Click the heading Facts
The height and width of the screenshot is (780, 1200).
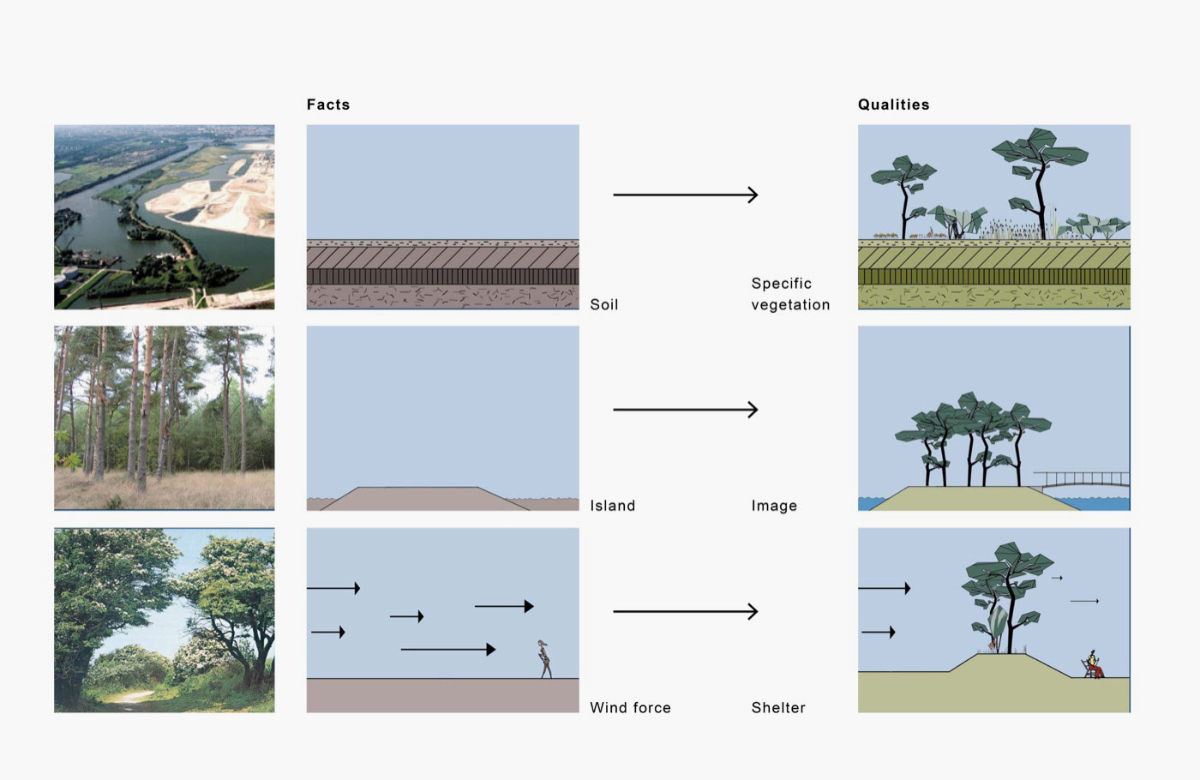click(328, 105)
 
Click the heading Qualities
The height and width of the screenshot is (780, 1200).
click(893, 105)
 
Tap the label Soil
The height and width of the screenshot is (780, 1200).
click(603, 304)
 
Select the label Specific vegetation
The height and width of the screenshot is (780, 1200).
click(789, 294)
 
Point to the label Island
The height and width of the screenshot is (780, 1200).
click(612, 506)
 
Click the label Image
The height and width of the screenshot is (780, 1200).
click(774, 506)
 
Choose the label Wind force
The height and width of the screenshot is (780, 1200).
click(630, 708)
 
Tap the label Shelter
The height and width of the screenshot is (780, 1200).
click(778, 708)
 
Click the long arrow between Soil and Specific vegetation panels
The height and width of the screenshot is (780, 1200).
click(685, 195)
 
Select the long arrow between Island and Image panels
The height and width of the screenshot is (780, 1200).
click(685, 410)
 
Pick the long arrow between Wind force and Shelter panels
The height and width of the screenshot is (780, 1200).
click(685, 612)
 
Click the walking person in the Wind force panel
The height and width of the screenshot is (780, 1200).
click(544, 659)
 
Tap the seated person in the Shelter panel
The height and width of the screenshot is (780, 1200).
click(1094, 665)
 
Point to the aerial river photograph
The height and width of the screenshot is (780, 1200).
click(165, 217)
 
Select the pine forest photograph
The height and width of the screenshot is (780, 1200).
click(165, 418)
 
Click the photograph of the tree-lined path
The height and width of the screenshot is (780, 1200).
click(165, 621)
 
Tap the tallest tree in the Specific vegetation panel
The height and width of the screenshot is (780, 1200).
click(1039, 180)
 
